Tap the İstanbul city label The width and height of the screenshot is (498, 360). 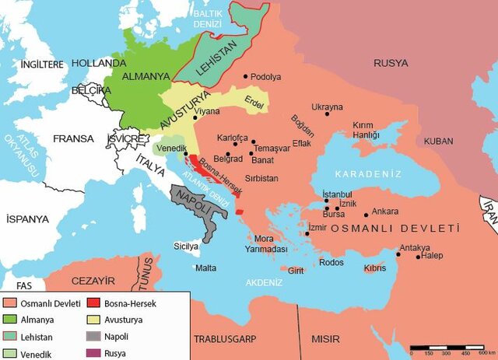(x=338, y=194)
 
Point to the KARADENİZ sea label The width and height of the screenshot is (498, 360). (x=363, y=174)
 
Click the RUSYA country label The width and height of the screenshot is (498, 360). (x=391, y=63)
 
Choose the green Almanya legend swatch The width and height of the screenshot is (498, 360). (x=10, y=320)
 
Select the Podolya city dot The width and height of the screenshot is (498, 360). (x=246, y=76)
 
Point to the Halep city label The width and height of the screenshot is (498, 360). (x=432, y=257)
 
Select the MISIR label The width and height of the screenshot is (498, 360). (x=326, y=340)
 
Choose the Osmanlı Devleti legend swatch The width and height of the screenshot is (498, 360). (x=10, y=303)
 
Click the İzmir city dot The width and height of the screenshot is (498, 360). (x=307, y=232)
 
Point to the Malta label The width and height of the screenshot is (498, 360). (x=205, y=267)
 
